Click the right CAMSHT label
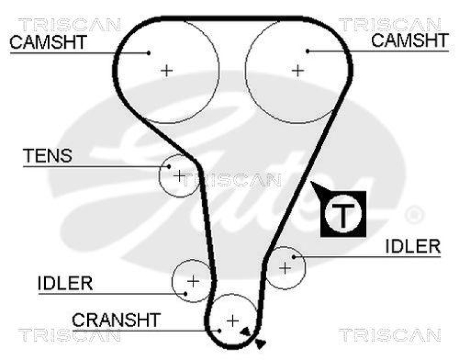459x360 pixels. (x=409, y=40)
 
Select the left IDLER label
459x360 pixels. (x=65, y=283)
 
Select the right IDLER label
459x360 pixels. (x=413, y=247)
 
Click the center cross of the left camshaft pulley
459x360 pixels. (x=166, y=71)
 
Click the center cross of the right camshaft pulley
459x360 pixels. (x=297, y=71)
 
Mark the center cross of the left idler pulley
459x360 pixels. (x=193, y=281)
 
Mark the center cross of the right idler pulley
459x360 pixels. (x=285, y=267)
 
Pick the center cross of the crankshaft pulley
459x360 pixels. (x=232, y=320)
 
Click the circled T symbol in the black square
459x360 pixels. (x=343, y=214)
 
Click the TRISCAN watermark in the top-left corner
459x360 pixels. (x=70, y=25)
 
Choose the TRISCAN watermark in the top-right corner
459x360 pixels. (x=390, y=25)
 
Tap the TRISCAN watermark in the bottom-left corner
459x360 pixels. (x=70, y=334)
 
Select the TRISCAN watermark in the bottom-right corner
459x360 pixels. (x=390, y=334)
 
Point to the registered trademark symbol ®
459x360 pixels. (x=413, y=215)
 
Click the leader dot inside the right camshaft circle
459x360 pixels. (x=308, y=51)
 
